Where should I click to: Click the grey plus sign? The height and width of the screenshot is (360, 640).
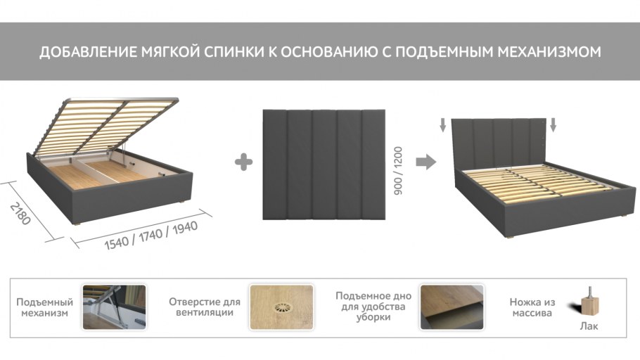click(243, 162)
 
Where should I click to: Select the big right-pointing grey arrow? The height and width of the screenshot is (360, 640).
click(425, 162)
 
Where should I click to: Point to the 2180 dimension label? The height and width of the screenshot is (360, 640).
click(20, 214)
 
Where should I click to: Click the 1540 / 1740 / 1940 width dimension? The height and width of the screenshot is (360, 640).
click(151, 236)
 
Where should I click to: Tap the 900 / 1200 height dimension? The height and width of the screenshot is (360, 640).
click(398, 171)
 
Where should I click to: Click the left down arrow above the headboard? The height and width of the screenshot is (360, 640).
click(443, 125)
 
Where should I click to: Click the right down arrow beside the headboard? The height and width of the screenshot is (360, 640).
click(553, 125)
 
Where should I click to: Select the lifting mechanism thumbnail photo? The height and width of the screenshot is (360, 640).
click(114, 307)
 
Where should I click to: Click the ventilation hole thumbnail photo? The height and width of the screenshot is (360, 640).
click(281, 307)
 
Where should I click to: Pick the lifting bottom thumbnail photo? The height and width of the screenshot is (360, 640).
click(452, 307)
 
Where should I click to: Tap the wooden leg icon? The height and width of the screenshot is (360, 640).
click(588, 302)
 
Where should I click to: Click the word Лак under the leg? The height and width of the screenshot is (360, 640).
click(589, 326)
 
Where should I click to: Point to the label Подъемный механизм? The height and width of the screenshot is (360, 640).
click(44, 307)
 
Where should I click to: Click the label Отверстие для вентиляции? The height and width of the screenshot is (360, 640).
click(205, 307)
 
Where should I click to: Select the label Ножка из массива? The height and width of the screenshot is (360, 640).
click(532, 307)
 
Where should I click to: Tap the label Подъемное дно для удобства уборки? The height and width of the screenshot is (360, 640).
click(373, 307)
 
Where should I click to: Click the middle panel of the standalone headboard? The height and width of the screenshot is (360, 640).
click(324, 164)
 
